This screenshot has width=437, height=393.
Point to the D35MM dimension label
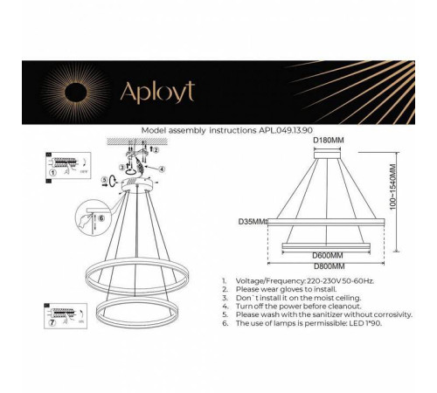(x=252, y=222)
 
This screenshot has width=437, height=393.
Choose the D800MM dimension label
(x=328, y=265)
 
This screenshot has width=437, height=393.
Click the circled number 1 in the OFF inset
(x=52, y=173)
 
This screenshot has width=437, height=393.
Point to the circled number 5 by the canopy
(x=104, y=182)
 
